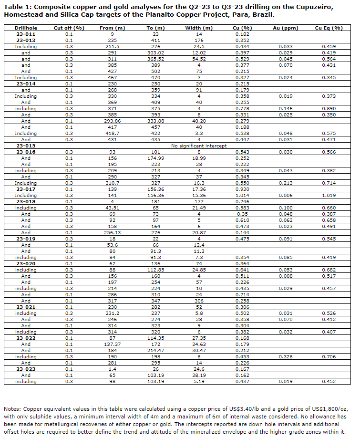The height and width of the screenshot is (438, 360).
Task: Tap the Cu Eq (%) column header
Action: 329,28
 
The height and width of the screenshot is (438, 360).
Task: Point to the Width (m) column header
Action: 199,28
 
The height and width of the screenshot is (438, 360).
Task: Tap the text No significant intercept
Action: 199,146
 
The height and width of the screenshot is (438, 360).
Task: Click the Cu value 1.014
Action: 242,195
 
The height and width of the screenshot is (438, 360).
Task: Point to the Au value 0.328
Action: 286,356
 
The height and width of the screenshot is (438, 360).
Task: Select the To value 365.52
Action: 156,59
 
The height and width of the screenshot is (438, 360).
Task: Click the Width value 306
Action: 199,301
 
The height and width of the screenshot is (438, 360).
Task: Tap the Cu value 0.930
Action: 242,189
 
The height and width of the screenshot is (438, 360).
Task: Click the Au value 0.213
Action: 286,183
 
